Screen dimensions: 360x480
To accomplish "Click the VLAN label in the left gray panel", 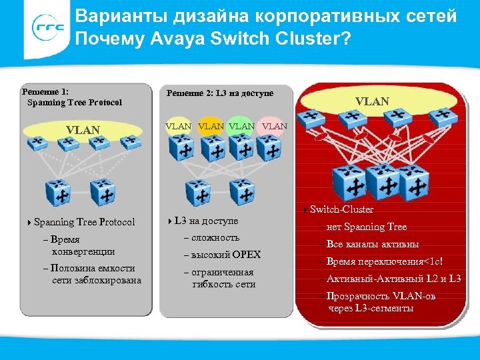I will point(83,130).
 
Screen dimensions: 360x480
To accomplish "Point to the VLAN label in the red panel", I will point(373,101).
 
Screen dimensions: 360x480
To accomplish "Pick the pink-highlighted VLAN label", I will point(274,125).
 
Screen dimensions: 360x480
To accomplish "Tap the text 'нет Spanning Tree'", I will point(366,227).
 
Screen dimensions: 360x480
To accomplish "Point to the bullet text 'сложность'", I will point(215,238).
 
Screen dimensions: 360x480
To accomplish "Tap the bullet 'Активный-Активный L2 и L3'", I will point(393,279).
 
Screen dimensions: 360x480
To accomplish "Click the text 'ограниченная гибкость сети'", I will point(223,279).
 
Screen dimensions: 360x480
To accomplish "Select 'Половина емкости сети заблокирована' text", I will point(96,274).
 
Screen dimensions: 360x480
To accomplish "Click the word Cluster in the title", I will point(310,39).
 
